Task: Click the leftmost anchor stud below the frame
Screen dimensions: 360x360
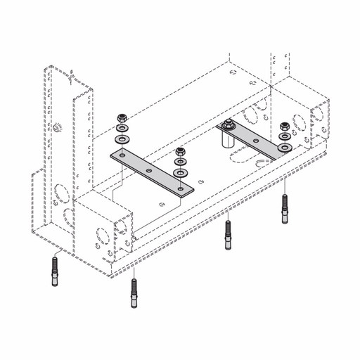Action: [x=54, y=271]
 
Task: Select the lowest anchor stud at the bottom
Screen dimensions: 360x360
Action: [x=134, y=292]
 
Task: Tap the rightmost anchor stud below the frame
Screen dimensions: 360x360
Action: [x=285, y=209]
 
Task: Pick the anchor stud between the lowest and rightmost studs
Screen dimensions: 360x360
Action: [x=229, y=235]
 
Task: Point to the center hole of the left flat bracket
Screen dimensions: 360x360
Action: [x=149, y=171]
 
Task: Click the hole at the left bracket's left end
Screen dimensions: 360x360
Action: [x=122, y=155]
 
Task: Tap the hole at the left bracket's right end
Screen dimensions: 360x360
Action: [x=181, y=188]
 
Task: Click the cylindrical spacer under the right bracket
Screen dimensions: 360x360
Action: [x=228, y=139]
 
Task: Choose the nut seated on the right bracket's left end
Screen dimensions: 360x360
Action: [x=227, y=127]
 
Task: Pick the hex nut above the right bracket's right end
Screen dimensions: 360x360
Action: [x=285, y=127]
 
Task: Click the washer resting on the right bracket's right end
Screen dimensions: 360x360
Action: [x=284, y=148]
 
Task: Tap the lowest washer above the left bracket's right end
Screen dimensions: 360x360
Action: [x=181, y=172]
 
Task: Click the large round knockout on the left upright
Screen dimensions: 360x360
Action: [x=58, y=194]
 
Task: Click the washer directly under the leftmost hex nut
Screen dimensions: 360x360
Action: [x=122, y=129]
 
